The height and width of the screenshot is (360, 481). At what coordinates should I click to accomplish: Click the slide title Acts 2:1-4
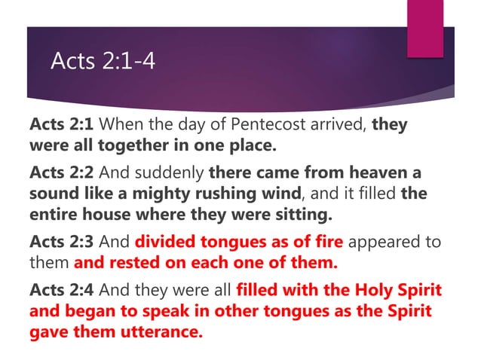click(x=103, y=60)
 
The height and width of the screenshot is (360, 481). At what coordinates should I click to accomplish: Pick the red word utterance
click(x=165, y=332)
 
